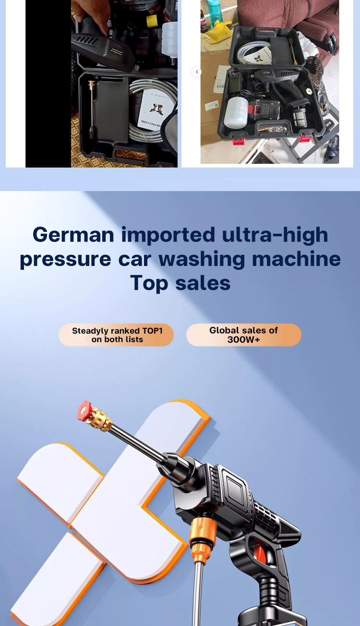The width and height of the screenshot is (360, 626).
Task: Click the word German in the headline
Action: [x=73, y=235]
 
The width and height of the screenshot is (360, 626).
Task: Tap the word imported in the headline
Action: [x=168, y=235]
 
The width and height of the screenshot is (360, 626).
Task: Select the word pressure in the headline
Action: [x=65, y=259]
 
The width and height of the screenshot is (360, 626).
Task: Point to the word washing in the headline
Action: [x=202, y=259]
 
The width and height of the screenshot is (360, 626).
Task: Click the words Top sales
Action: [x=180, y=283]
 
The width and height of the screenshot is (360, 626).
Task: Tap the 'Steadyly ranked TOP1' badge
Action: [x=116, y=335]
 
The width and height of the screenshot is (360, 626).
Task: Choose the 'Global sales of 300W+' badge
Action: [x=243, y=335]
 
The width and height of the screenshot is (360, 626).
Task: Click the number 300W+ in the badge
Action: [x=243, y=340]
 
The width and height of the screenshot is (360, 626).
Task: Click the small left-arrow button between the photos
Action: [x=197, y=72]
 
